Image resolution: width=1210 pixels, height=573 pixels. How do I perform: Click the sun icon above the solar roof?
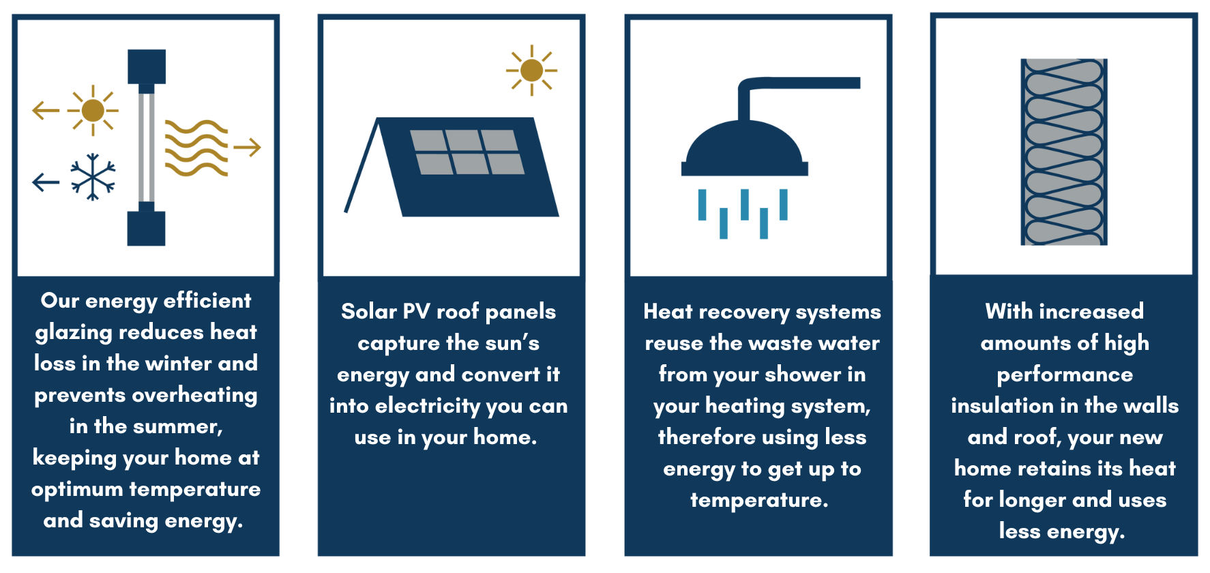pos(531,70)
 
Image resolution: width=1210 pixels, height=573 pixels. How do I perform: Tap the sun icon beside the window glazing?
pos(93,110)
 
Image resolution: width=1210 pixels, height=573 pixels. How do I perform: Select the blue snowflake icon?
pos(93,177)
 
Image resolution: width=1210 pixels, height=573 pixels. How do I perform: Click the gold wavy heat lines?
pos(196,148)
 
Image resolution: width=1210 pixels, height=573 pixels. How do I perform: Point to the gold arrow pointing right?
pos(247,147)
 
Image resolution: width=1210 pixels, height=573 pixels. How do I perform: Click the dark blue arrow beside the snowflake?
pos(46,182)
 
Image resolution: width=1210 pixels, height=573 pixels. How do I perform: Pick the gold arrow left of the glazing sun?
pos(46,110)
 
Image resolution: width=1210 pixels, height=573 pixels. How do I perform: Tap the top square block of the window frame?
pos(147,66)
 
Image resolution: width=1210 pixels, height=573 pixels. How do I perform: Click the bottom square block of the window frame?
pos(146,229)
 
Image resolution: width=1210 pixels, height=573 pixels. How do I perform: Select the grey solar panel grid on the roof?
pos(467,152)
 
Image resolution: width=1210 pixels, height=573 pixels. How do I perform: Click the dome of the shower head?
pos(745,147)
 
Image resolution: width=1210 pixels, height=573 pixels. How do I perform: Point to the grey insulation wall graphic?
pos(1064,152)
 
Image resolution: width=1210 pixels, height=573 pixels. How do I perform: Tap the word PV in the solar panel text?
pos(416,311)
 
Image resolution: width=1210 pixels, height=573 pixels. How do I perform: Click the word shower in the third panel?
pos(803,374)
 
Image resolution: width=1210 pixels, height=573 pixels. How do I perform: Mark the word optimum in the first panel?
pos(77,490)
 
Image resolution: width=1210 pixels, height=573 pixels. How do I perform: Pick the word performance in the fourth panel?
pos(1065,375)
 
